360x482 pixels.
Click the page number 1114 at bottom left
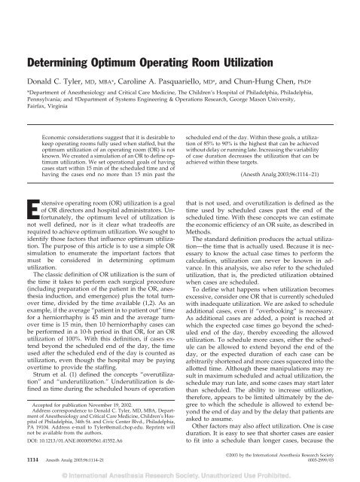tap(23, 462)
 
